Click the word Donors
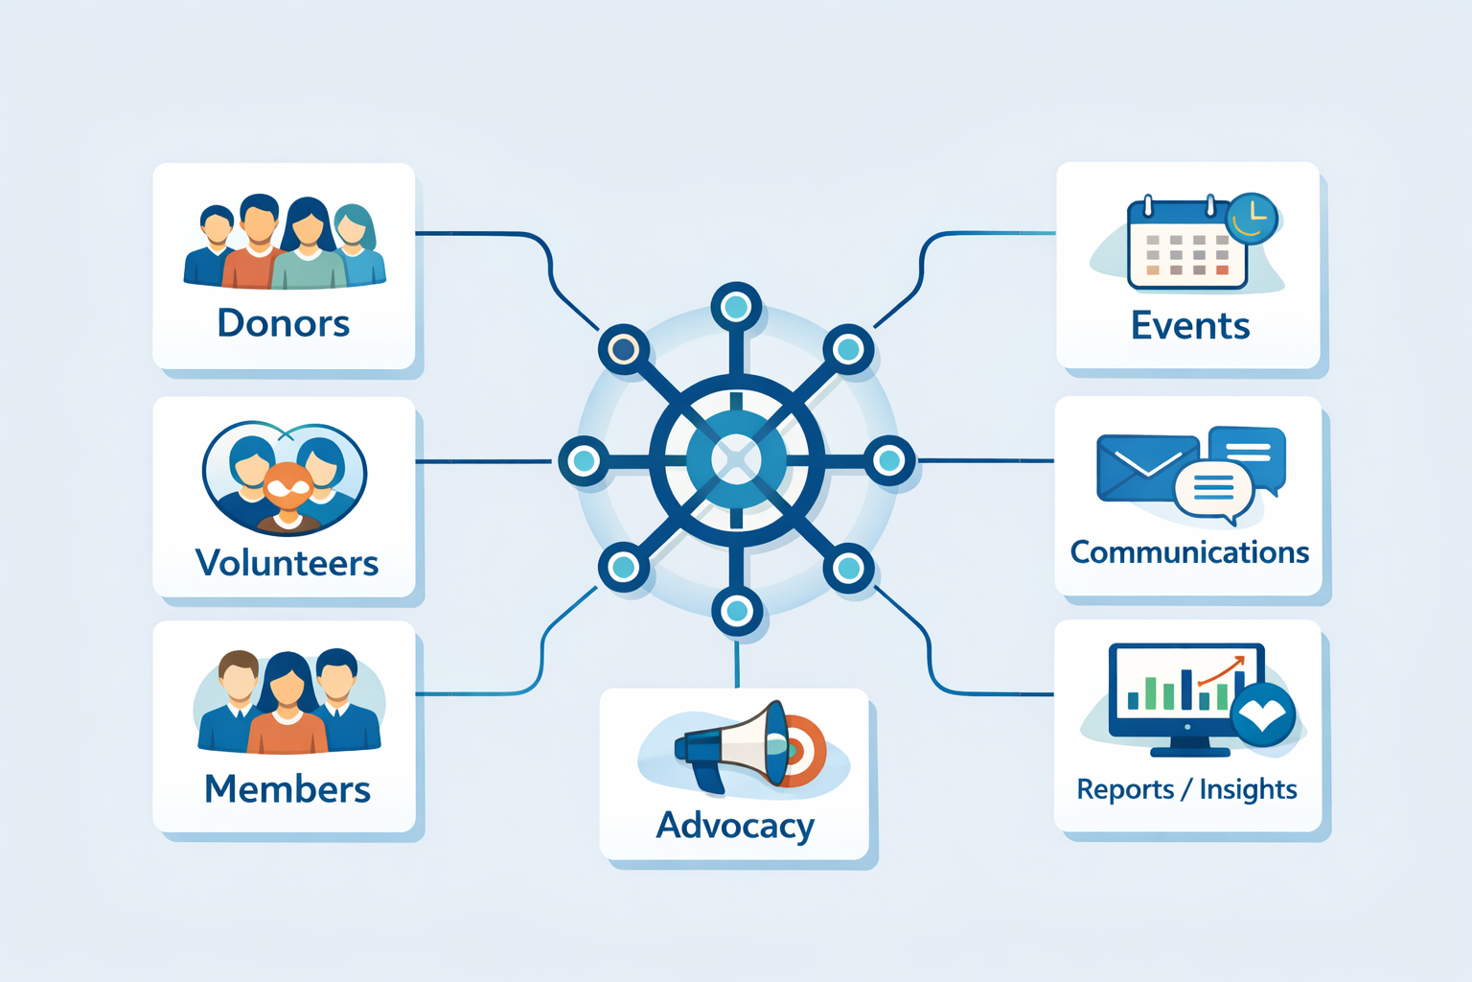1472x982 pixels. (284, 324)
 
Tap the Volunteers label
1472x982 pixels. (287, 563)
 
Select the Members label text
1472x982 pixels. (287, 789)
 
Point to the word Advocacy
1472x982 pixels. (735, 826)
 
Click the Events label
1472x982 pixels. (1190, 326)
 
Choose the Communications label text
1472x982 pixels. (1189, 552)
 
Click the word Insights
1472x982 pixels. (1248, 789)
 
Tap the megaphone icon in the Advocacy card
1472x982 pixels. (733, 746)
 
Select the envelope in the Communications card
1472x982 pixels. (1146, 468)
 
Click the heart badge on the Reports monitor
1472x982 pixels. (1263, 714)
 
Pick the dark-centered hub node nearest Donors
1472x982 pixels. (624, 349)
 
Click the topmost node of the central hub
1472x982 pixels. (736, 308)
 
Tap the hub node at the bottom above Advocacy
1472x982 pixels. (736, 610)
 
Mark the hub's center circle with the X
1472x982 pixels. (736, 459)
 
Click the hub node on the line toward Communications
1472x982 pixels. (889, 460)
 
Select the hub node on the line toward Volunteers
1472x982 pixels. (584, 460)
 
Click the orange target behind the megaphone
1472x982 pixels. (803, 751)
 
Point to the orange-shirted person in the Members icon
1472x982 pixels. (287, 714)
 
